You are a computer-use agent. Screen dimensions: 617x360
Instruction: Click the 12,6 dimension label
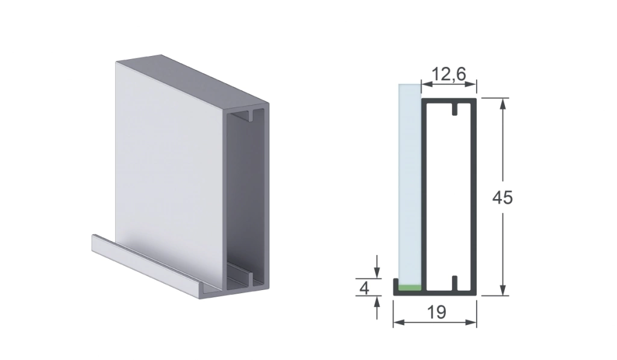coord(448,74)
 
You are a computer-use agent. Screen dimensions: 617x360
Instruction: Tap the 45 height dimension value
coord(503,197)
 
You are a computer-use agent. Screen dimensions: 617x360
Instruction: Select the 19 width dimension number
coord(436,312)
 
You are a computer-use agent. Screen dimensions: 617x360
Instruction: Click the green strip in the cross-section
coord(409,288)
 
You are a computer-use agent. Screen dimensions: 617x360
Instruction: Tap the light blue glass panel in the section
coord(410,184)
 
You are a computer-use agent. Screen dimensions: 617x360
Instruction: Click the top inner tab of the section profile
coord(455,110)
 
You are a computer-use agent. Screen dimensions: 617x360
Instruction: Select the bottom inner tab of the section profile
coord(455,283)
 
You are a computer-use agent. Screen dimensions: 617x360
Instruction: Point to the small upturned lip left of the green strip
coord(395,285)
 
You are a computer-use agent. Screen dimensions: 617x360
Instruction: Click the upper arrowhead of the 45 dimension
coord(503,104)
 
